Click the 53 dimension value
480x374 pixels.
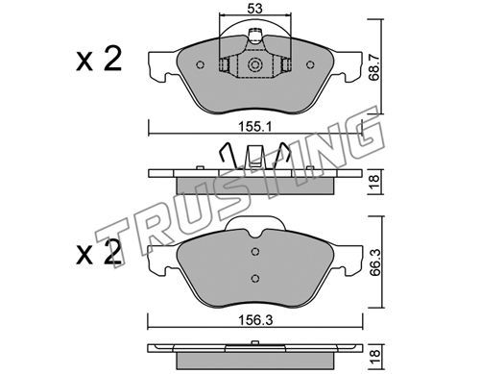[255, 9]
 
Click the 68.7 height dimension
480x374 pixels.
[373, 67]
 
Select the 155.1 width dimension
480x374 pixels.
[254, 127]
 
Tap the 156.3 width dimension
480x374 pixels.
[255, 320]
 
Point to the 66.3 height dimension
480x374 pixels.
[374, 262]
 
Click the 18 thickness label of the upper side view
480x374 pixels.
[373, 182]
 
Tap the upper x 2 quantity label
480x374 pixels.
[99, 60]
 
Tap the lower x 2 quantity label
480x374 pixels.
[99, 253]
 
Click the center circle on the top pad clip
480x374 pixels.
[255, 65]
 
